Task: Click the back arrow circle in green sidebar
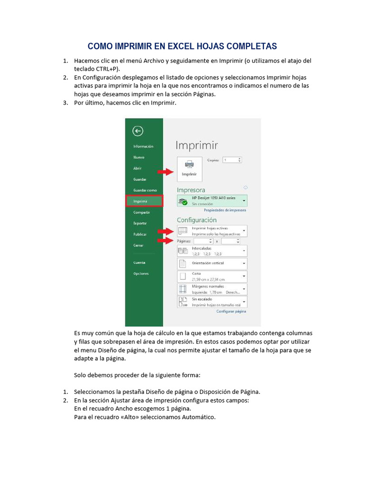138,131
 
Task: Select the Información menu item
143,147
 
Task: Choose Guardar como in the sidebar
145,190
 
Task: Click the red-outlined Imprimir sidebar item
144,201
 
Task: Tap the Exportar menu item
140,223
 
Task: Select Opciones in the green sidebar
141,273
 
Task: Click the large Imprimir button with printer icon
189,168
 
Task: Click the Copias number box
232,160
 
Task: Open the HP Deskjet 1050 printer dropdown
212,200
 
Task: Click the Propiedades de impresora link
225,210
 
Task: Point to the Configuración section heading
196,220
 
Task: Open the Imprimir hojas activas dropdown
212,231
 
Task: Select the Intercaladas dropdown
212,251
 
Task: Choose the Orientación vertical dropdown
212,263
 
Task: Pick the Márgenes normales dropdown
212,289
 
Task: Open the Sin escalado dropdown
212,302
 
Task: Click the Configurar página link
231,311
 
